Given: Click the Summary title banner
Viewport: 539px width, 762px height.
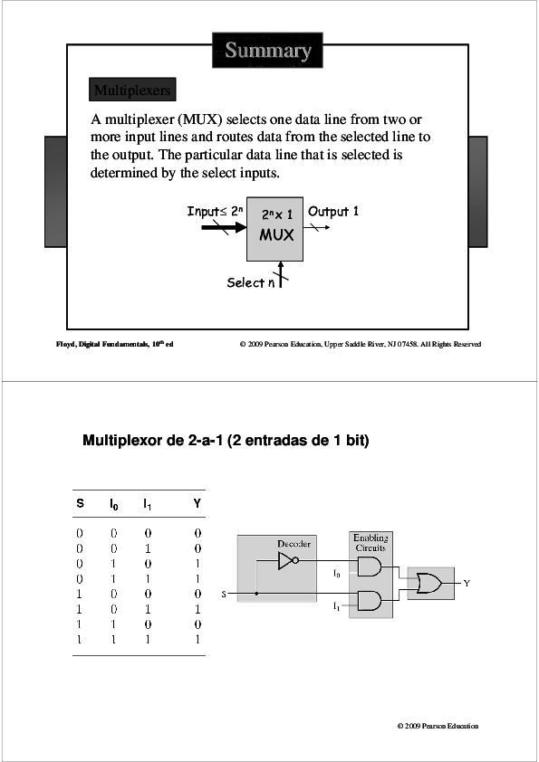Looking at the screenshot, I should (x=268, y=51).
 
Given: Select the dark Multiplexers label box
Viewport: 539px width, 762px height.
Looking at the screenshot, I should (x=131, y=90).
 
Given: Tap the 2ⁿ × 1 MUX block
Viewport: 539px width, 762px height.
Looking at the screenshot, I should (x=277, y=227).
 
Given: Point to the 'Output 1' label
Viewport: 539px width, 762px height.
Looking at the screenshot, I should (x=333, y=211).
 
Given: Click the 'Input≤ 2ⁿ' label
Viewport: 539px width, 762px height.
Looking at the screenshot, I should (x=215, y=211).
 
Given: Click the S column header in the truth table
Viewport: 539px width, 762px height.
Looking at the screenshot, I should (x=80, y=503).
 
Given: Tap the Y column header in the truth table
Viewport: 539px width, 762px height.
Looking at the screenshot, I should (x=197, y=503).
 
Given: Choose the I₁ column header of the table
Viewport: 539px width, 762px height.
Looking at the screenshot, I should (x=147, y=503).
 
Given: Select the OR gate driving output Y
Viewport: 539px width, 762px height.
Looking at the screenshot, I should (x=427, y=584).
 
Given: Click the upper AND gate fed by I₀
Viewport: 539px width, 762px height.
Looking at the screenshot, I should (x=370, y=567).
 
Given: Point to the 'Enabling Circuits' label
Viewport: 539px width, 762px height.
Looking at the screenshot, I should (x=371, y=543).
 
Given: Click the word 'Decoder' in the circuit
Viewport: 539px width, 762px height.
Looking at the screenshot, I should (x=294, y=544).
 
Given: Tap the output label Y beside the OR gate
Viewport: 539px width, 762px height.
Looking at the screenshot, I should (x=467, y=584).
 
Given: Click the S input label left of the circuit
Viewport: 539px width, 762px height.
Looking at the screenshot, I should (x=223, y=595).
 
